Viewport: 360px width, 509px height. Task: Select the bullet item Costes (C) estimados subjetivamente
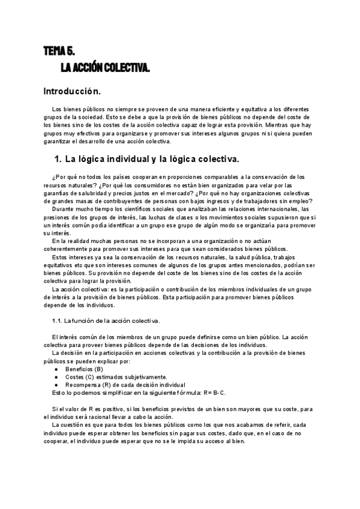pyautogui.click(x=107, y=376)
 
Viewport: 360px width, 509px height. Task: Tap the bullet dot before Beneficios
pyautogui.click(x=56, y=369)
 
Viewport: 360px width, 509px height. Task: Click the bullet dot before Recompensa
pyautogui.click(x=56, y=384)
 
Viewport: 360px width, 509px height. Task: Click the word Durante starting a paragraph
pyautogui.click(x=64, y=209)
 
